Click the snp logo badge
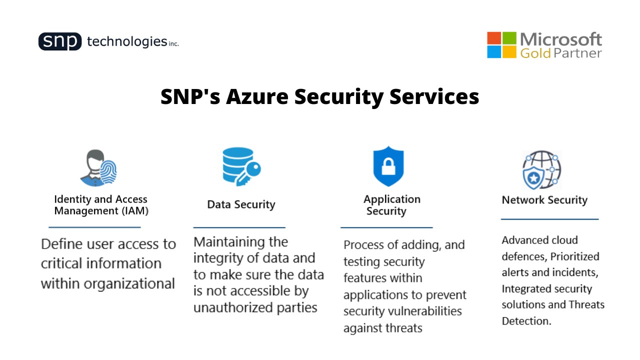59,41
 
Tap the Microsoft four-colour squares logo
501,45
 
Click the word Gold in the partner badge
535,53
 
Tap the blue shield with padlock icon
388,166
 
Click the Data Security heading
241,204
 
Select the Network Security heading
544,200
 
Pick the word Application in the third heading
392,199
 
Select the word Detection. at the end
526,321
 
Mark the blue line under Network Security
549,219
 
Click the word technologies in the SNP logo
126,41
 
